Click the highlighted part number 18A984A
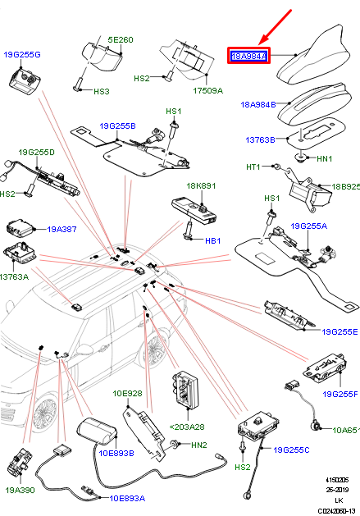[x=248, y=57]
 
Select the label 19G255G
[x=22, y=54]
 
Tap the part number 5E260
[x=121, y=39]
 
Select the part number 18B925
[x=345, y=187]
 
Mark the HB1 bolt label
[x=212, y=241]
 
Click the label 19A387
[x=61, y=231]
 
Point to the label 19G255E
[x=339, y=332]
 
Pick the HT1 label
[x=253, y=167]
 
